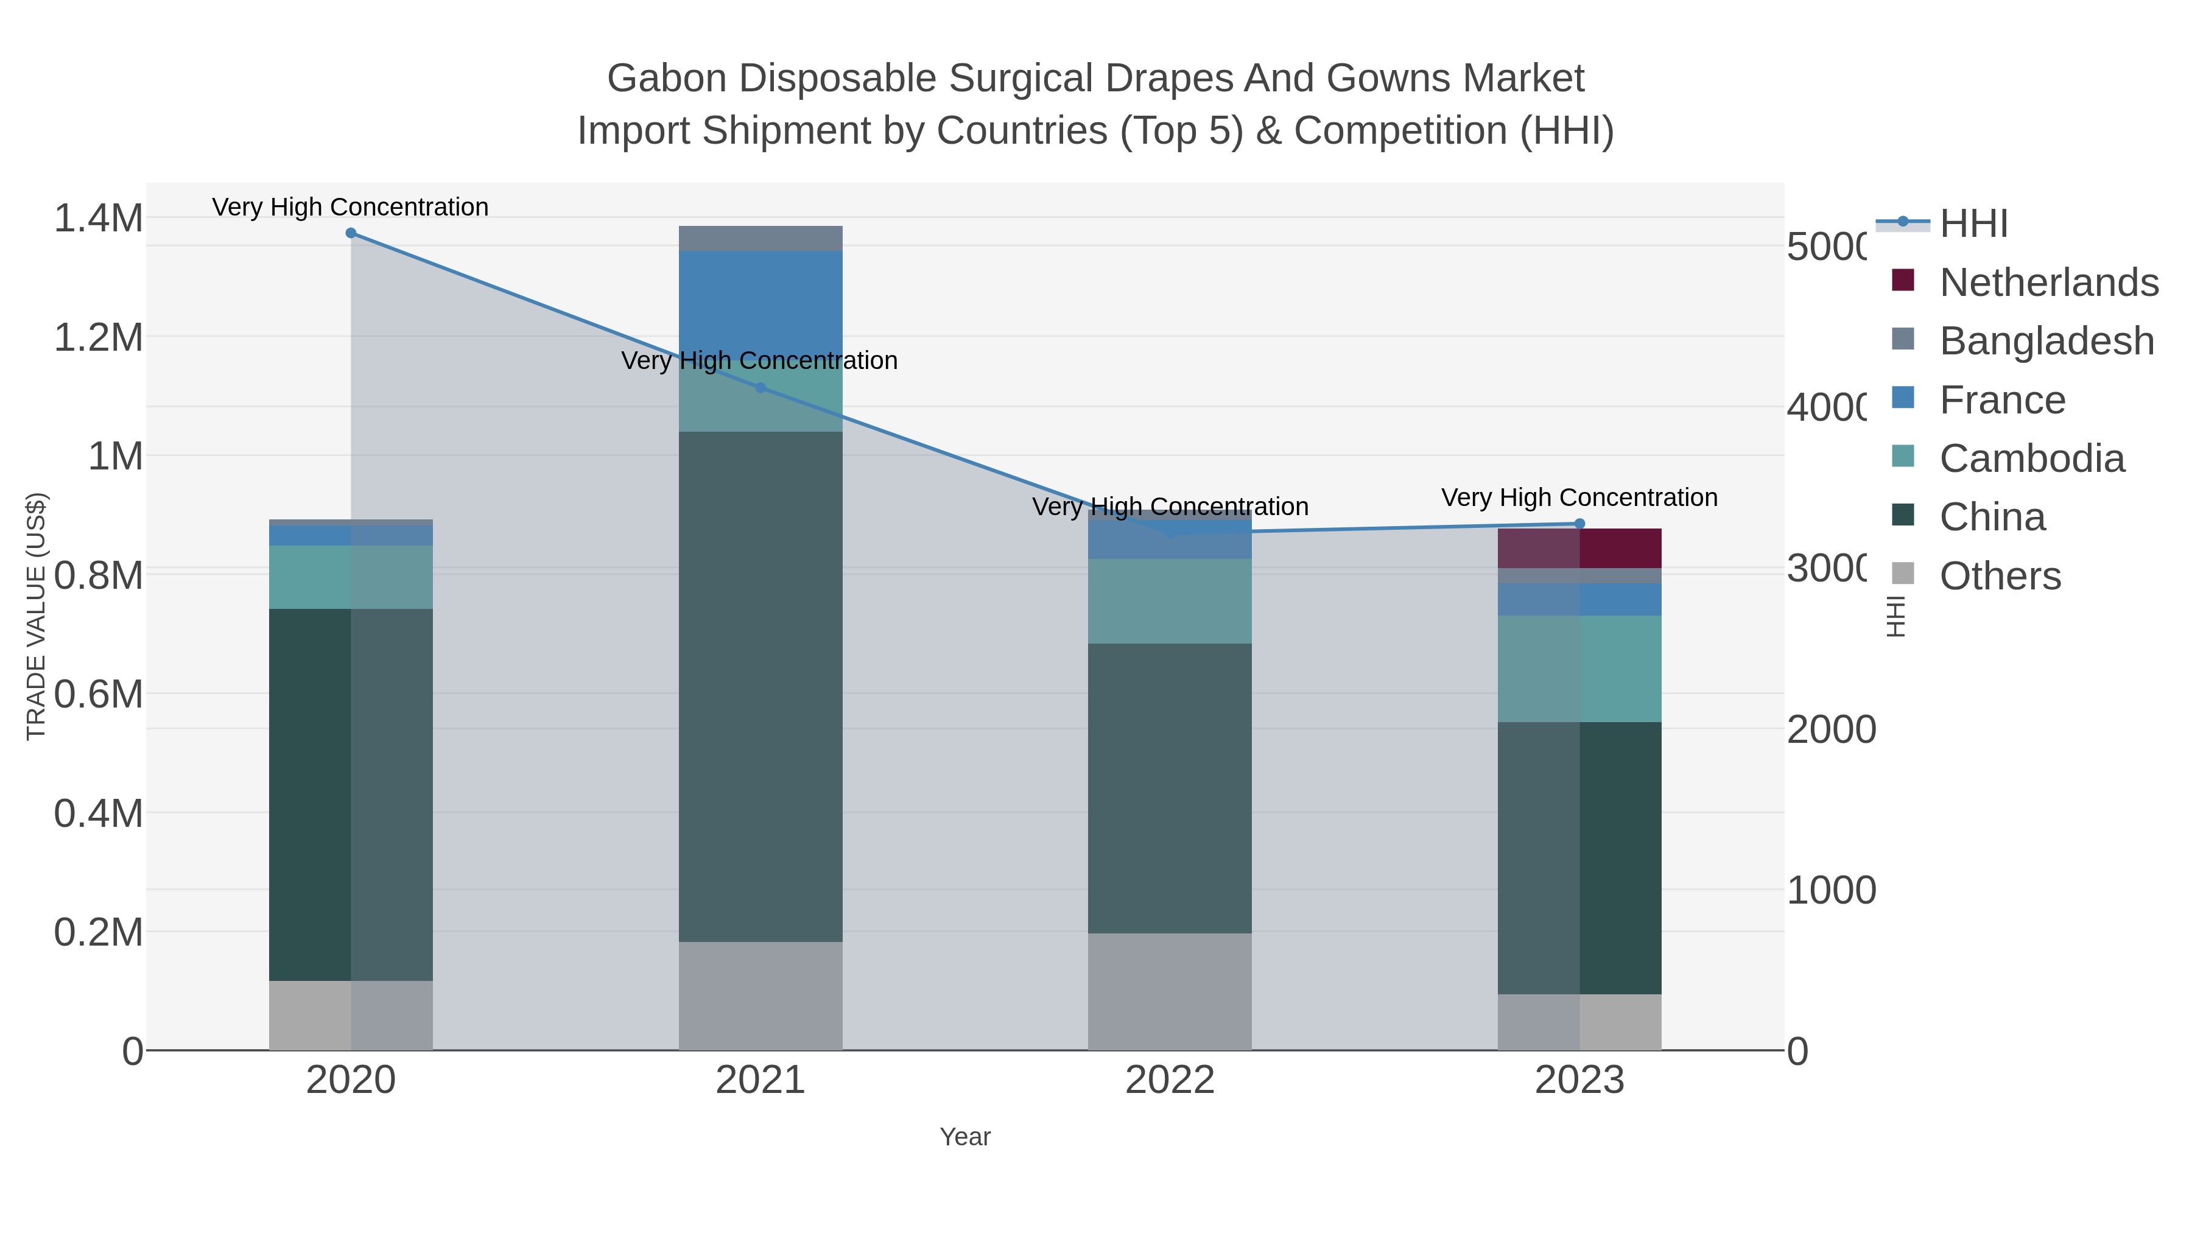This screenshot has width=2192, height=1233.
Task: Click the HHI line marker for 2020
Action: pos(351,233)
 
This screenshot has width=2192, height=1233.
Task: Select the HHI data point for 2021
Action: pos(761,388)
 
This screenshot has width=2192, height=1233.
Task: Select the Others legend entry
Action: pos(2000,576)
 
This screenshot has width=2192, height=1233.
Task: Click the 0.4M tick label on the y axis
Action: pos(99,813)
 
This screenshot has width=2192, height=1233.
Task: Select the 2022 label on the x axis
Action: pos(1170,1081)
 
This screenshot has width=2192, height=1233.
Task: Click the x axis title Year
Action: pos(965,1137)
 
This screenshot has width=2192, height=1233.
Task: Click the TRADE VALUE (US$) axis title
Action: pos(36,616)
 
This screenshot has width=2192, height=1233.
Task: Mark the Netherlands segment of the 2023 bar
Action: pos(1579,548)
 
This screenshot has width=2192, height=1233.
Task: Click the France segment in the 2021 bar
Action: pos(761,302)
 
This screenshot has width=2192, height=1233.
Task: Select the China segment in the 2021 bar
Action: pos(761,686)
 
